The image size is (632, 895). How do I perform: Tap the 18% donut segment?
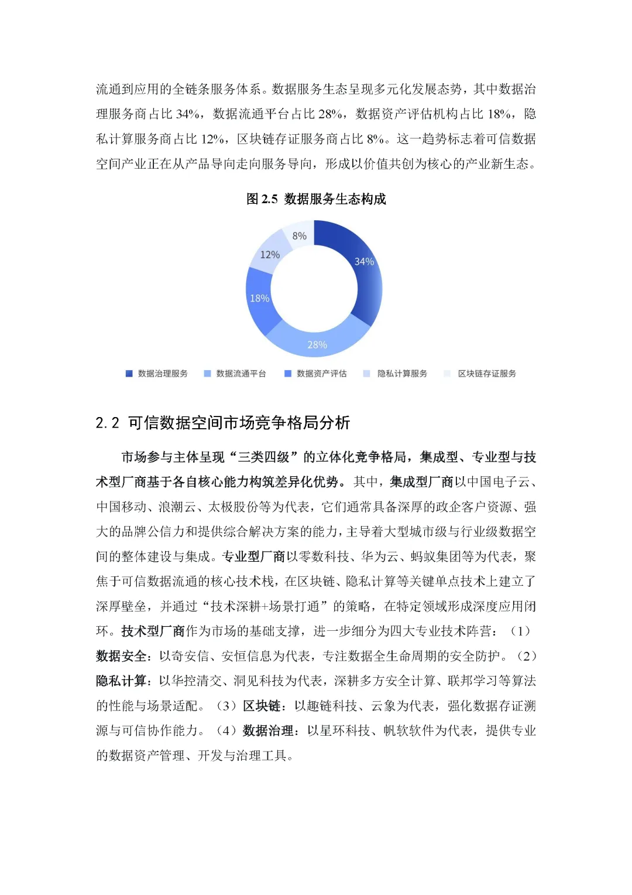pos(260,298)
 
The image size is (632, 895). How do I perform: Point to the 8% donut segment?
pos(300,235)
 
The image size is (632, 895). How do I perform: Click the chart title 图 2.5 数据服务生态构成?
pos(316,199)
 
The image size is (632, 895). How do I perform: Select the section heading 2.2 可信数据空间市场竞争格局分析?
pos(223,423)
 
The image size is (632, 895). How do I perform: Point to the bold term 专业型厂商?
pos(253,556)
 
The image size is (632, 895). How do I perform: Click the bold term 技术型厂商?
pos(153,631)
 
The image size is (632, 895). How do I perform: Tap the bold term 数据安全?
pos(121,656)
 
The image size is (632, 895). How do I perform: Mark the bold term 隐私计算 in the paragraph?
pos(121,681)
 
